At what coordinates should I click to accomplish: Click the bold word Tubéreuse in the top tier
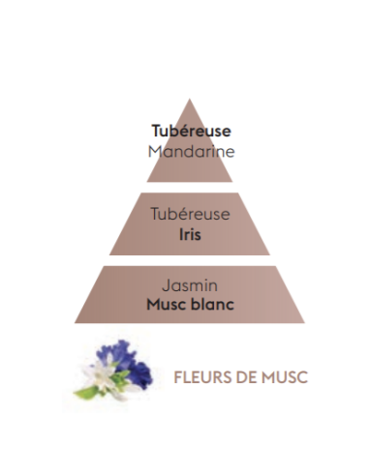tap(190, 131)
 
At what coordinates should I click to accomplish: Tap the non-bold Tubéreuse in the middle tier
tap(190, 215)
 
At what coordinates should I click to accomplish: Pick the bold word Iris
tap(190, 234)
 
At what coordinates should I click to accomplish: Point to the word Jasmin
tap(190, 287)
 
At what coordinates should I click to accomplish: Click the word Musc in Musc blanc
tap(169, 307)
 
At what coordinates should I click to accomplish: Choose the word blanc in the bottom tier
tap(212, 307)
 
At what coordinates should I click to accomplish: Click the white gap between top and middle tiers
tap(190, 188)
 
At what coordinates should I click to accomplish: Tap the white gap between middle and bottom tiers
tap(190, 261)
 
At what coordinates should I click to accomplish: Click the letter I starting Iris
tap(179, 234)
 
